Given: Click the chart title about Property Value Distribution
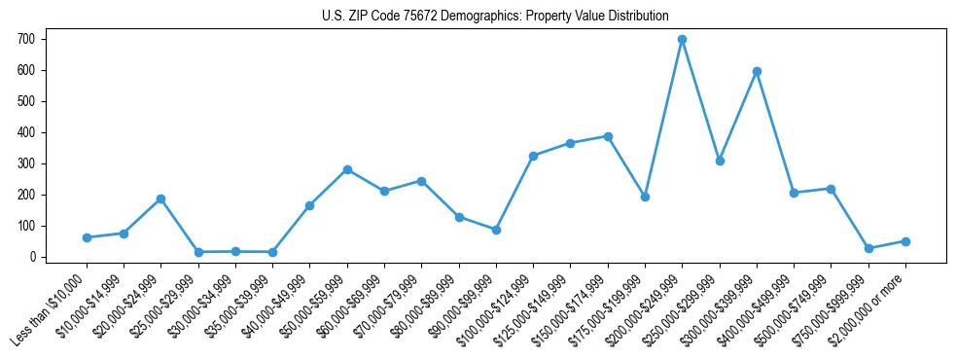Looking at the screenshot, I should [x=495, y=16].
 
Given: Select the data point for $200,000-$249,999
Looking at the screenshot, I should [x=682, y=40].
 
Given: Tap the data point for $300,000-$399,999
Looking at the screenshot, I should [x=757, y=71].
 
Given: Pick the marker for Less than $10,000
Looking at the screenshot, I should [x=87, y=237].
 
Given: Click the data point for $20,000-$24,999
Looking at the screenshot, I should [x=160, y=198].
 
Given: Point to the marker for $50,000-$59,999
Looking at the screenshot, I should [x=347, y=169].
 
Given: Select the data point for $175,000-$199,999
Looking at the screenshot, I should [x=645, y=197].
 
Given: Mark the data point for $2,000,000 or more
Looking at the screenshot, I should [x=905, y=241].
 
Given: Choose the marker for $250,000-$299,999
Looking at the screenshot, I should [x=720, y=161].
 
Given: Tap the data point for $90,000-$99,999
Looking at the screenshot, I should [x=496, y=230].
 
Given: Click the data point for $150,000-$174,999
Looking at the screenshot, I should [x=608, y=136].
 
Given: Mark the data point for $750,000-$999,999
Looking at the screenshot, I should [x=868, y=248].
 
